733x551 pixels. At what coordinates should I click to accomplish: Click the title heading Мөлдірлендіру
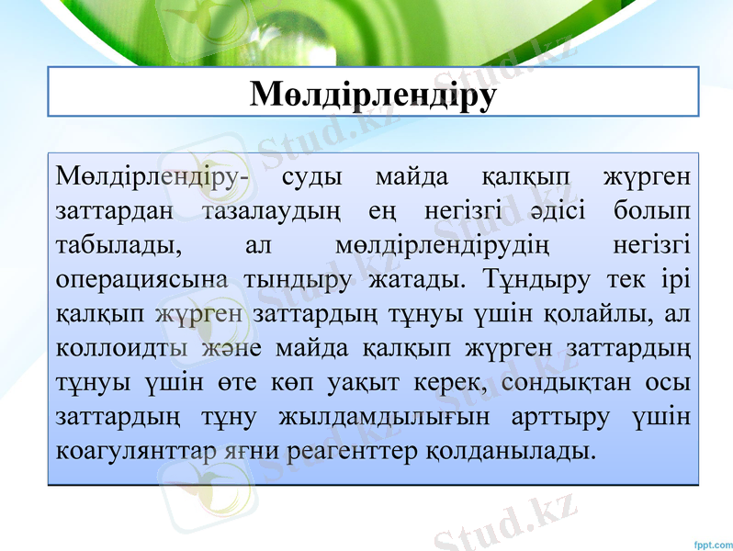[373, 95]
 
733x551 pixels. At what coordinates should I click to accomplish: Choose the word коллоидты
[121, 348]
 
